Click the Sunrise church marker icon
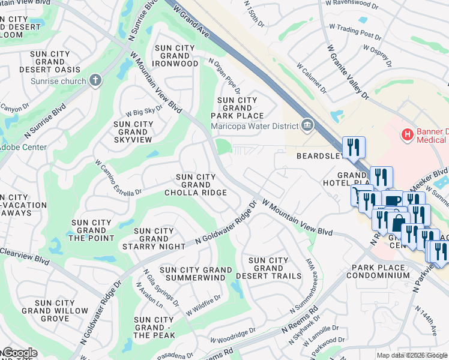click(x=95, y=80)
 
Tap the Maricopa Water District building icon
click(x=307, y=125)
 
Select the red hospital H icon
click(x=408, y=134)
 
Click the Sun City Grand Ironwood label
click(x=176, y=56)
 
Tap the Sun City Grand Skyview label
click(x=133, y=131)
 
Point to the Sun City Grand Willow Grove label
click(x=55, y=311)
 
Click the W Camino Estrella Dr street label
click(x=118, y=178)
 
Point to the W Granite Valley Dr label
click(x=346, y=71)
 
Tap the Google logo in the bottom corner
click(x=19, y=353)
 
